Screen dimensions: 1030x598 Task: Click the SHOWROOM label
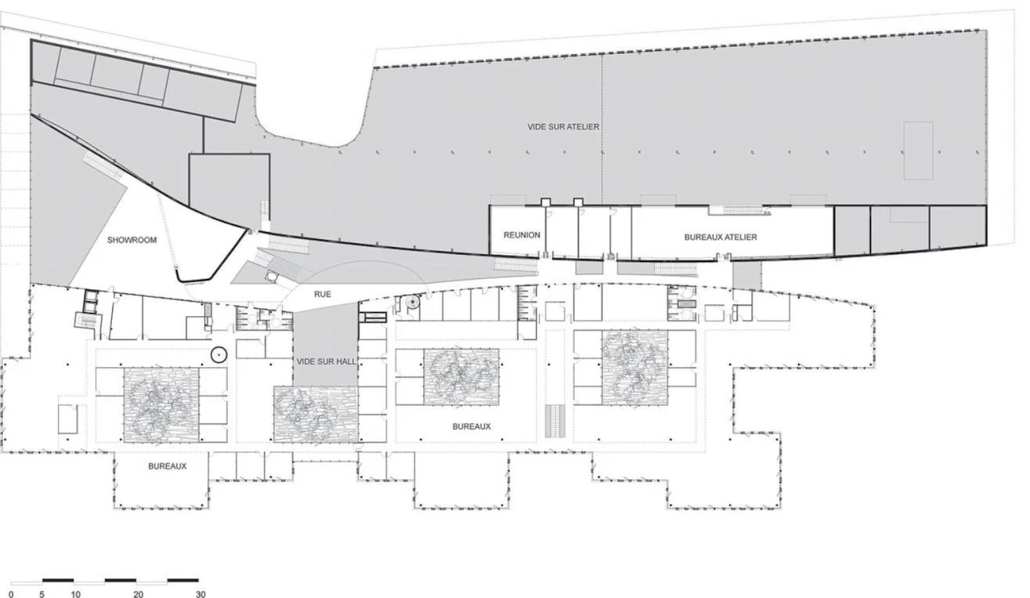[x=132, y=240]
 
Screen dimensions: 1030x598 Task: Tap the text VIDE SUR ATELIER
[x=563, y=127]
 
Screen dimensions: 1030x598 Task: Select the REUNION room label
[x=522, y=236]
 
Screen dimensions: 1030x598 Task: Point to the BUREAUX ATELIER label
[x=721, y=237]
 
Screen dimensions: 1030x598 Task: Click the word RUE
[x=322, y=294]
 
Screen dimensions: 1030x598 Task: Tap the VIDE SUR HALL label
[x=326, y=362]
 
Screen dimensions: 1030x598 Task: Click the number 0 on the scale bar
[x=11, y=594]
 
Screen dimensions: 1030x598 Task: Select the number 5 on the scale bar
[x=42, y=594]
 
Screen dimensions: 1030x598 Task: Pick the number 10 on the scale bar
[x=76, y=594]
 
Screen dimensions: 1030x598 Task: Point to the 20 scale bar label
[x=138, y=594]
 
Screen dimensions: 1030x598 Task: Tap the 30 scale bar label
[x=200, y=594]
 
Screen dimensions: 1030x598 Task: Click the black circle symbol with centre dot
[x=219, y=355]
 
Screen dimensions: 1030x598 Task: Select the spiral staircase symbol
[x=413, y=302]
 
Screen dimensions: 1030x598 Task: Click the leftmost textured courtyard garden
[x=161, y=405]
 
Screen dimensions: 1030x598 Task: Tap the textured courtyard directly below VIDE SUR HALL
[x=316, y=414]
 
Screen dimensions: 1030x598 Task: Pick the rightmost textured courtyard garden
[x=635, y=368]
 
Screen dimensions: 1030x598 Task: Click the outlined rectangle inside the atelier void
[x=918, y=151]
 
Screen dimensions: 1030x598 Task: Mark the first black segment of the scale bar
[x=58, y=580]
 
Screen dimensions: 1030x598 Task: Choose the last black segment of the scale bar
[x=183, y=580]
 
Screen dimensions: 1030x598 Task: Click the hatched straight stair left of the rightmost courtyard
[x=555, y=421]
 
